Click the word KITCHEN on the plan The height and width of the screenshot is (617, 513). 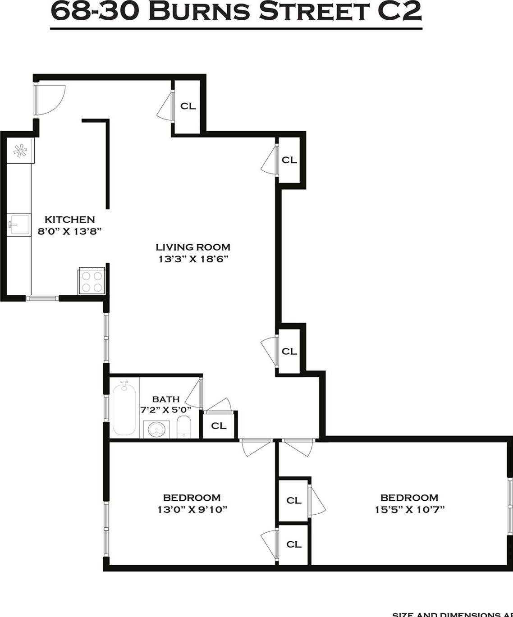click(x=69, y=219)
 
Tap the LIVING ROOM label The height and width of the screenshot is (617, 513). click(x=193, y=247)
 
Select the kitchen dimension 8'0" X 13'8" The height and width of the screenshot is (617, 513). click(x=69, y=232)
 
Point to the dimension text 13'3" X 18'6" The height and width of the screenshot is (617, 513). click(x=193, y=259)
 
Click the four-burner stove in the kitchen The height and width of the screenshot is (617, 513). click(x=92, y=281)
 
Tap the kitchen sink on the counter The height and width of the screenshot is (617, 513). click(x=19, y=224)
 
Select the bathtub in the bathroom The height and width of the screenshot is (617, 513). click(x=124, y=409)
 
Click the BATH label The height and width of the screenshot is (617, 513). click(x=166, y=399)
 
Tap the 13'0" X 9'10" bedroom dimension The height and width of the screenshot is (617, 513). click(x=192, y=510)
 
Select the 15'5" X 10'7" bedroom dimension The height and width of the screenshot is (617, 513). click(x=409, y=510)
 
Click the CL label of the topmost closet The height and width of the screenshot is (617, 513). click(x=188, y=106)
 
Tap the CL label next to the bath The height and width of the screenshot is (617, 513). click(x=219, y=426)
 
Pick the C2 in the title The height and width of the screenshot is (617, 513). click(x=399, y=11)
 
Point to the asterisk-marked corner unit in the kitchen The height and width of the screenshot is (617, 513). click(x=20, y=151)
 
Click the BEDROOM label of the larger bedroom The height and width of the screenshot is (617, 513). click(x=409, y=498)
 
